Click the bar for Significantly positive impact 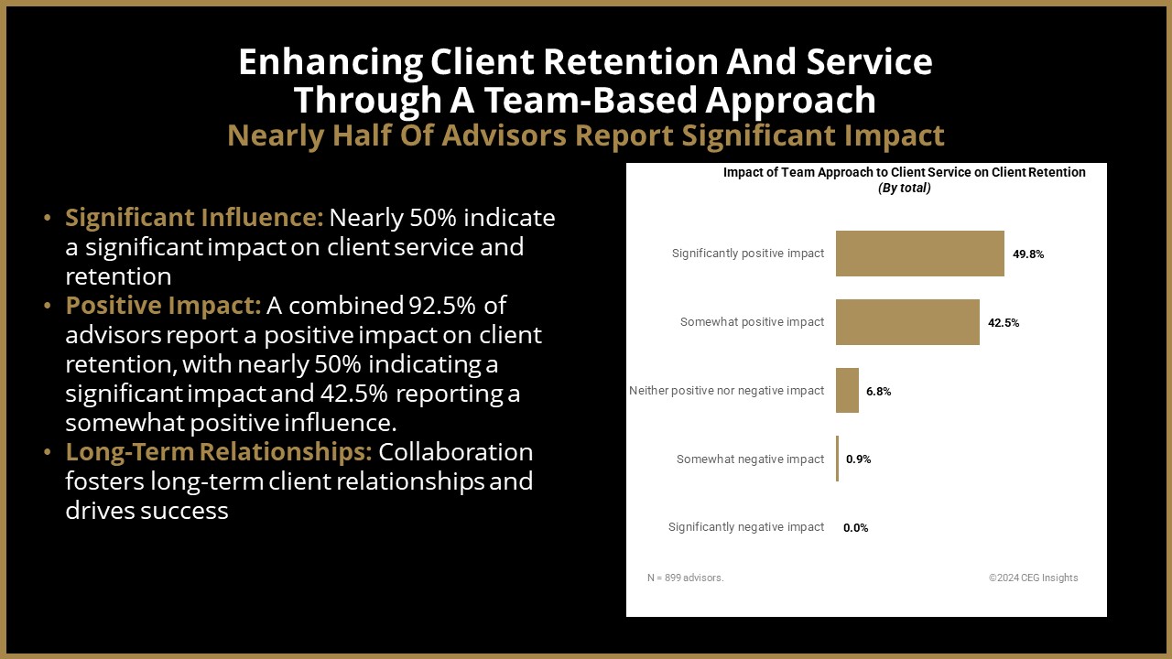(x=920, y=254)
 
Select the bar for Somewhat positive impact (x=907, y=322)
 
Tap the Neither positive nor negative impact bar (x=847, y=390)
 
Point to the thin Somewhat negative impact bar (x=837, y=459)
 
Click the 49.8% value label (x=1028, y=254)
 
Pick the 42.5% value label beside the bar (x=1004, y=323)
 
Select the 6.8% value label (x=878, y=391)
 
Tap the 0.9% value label (x=858, y=459)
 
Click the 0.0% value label (x=855, y=528)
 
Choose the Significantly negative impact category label (x=746, y=527)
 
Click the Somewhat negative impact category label (x=750, y=459)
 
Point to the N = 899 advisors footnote (x=686, y=578)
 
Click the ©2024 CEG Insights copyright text (x=1034, y=578)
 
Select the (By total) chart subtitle (x=904, y=189)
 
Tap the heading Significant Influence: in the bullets (x=194, y=218)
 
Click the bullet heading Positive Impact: (x=163, y=306)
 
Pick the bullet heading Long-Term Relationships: (x=219, y=452)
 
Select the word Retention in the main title (x=631, y=61)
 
